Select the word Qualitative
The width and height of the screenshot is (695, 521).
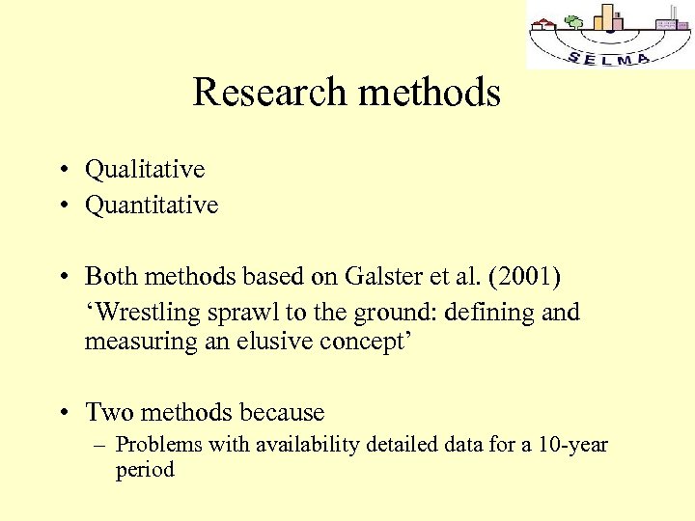pos(145,169)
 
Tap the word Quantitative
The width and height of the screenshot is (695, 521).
pos(152,205)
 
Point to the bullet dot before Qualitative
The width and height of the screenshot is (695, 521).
pos(61,170)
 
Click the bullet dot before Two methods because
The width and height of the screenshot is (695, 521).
pos(61,413)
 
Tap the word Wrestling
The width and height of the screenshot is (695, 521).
pos(145,313)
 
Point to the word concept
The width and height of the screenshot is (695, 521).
pos(362,342)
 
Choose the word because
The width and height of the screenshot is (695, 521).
pos(281,412)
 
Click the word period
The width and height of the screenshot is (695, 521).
pos(144,470)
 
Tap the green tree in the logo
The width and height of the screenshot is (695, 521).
pos(574,21)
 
